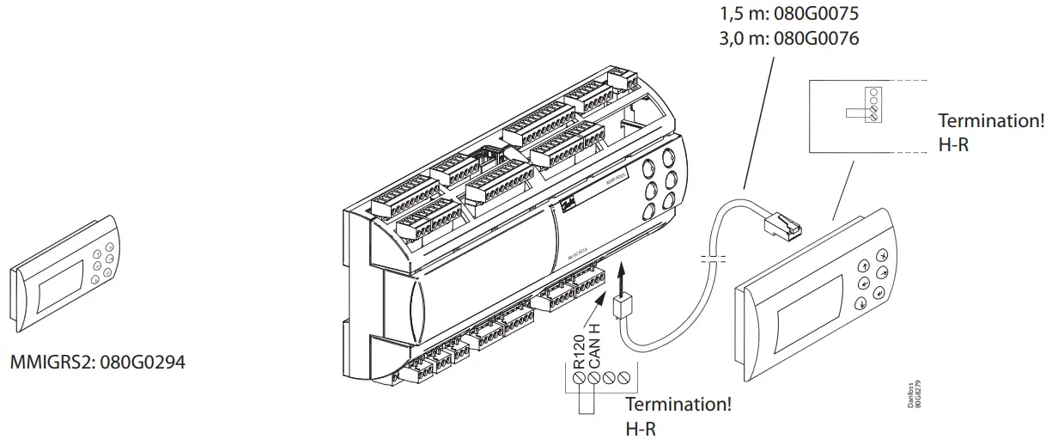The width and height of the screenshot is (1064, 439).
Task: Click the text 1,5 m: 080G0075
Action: tap(787, 15)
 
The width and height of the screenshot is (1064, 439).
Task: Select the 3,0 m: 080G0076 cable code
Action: tap(787, 39)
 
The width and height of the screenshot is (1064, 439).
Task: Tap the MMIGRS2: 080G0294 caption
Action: tap(97, 363)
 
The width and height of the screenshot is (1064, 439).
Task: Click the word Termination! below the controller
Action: tap(678, 404)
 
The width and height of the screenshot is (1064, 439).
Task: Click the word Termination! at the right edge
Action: tap(991, 121)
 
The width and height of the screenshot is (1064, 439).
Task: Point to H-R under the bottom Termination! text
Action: tap(641, 427)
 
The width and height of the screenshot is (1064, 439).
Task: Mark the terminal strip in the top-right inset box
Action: tap(873, 104)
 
